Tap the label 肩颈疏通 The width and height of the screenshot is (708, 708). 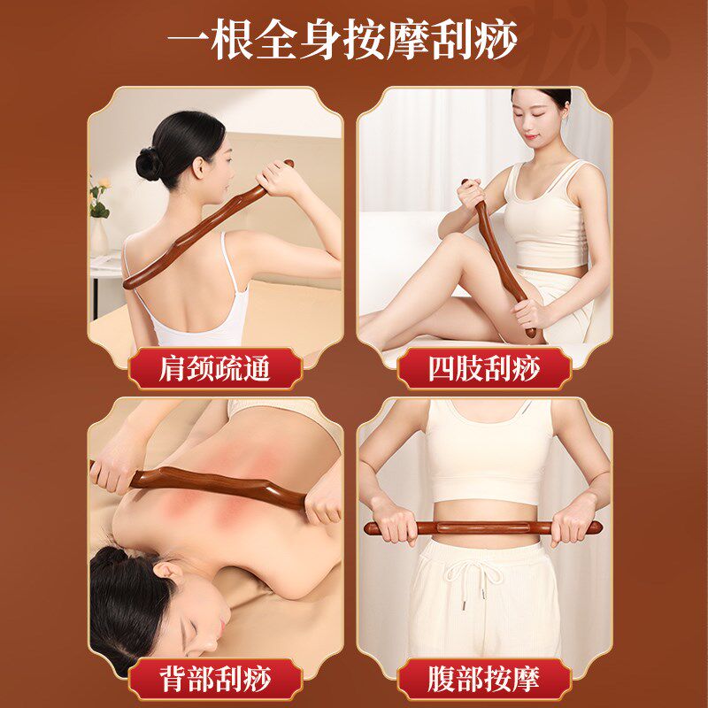coord(214,367)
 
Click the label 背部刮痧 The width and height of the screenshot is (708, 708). coord(214,680)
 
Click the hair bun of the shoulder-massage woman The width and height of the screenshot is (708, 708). coord(149,164)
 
